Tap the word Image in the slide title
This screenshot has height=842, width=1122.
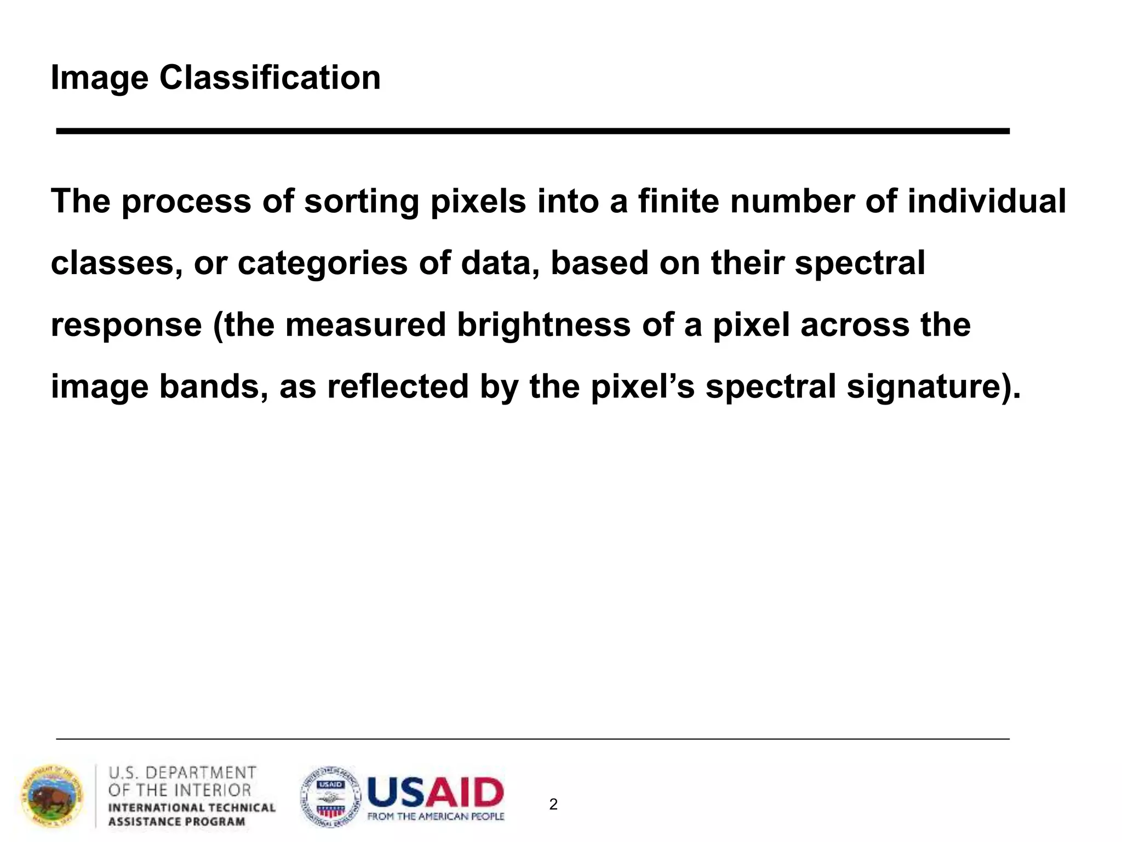(x=99, y=78)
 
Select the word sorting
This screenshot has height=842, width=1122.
(x=362, y=202)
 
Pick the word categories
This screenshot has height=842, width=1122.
(x=323, y=263)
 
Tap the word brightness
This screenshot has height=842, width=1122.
(x=543, y=325)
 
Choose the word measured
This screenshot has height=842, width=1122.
(x=365, y=325)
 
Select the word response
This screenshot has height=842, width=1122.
(x=127, y=326)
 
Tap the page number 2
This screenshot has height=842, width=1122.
(x=553, y=804)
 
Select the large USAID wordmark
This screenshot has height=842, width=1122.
(x=436, y=793)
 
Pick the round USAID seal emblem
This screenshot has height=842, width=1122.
(x=330, y=797)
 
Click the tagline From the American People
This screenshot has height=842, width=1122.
(x=436, y=817)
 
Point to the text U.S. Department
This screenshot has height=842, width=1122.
(x=182, y=773)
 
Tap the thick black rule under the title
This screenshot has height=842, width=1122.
(x=533, y=131)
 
